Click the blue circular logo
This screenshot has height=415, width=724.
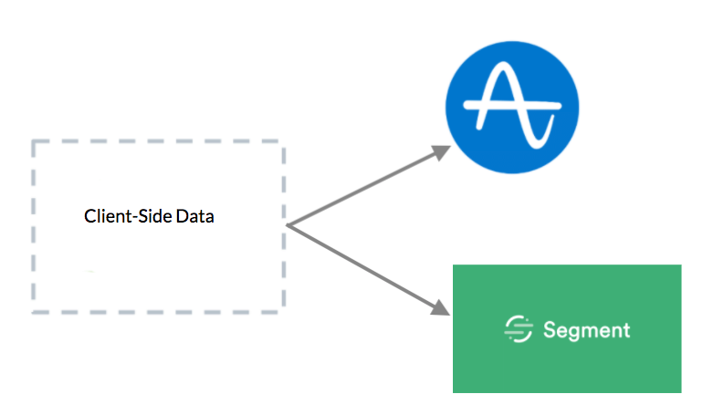coord(512,108)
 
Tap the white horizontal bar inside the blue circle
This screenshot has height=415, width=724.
coord(512,106)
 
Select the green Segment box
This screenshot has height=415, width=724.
coord(567,328)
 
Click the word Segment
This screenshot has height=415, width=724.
coord(586,330)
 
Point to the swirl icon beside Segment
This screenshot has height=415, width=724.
coord(519,329)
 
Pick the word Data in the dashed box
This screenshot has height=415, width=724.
coord(194,216)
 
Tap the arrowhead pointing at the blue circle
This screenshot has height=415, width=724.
coord(440,152)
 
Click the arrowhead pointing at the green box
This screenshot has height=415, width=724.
coord(440,307)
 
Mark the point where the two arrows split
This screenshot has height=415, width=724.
coord(288,225)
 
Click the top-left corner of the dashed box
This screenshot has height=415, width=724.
coord(34,141)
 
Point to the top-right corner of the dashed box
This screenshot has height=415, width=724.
coord(283,141)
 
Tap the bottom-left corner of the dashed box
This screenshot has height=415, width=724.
coord(34,312)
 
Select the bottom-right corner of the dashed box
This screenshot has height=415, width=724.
coord(283,312)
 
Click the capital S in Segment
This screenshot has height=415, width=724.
coord(550,329)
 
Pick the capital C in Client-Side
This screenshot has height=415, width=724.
coord(89,216)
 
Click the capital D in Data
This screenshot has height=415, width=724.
coord(182,216)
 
